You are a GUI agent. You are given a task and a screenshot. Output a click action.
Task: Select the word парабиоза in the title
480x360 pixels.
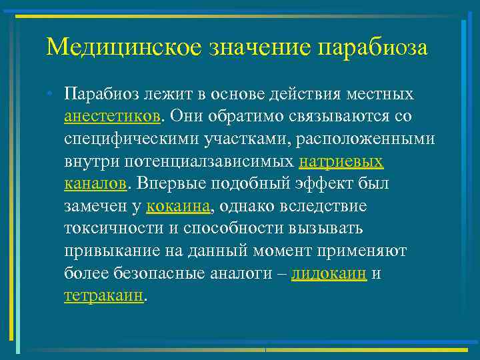coord(374,47)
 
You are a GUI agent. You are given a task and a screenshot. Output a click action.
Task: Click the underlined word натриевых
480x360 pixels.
coord(341,161)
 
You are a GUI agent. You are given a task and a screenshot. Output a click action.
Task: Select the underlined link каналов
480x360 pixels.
coord(94,184)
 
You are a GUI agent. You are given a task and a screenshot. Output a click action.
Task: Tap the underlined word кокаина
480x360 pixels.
coord(178,207)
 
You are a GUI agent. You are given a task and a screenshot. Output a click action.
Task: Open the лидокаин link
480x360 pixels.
coord(329,274)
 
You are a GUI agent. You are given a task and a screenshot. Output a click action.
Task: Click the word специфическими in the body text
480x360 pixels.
coord(123,139)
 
